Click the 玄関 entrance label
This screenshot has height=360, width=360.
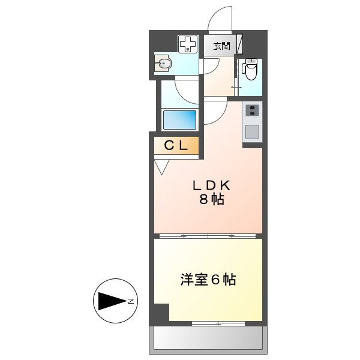[x=222, y=46]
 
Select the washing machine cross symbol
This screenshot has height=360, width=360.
[x=188, y=43]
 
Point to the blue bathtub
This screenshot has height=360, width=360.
[x=180, y=119]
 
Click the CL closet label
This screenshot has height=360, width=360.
[x=176, y=145]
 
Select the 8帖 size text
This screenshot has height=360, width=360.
[x=211, y=200]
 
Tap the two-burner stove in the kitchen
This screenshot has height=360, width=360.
[x=253, y=110]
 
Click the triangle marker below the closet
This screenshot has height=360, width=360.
[x=161, y=166]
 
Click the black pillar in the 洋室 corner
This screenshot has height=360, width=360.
[x=161, y=313]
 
